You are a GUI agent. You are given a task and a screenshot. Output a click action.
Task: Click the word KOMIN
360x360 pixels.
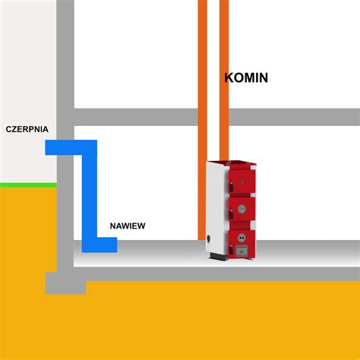(246, 77)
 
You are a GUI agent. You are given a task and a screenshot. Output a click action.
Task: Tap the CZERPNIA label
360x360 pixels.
(27, 129)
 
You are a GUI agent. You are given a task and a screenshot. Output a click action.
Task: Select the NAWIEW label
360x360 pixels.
(128, 226)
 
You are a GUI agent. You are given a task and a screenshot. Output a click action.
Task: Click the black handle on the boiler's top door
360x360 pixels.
(232, 186)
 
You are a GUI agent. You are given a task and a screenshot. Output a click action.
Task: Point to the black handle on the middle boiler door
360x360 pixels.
(232, 215)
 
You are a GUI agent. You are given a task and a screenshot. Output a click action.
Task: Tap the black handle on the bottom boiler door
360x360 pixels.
(232, 249)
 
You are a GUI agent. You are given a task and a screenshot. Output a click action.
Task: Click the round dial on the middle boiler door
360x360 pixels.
(242, 209)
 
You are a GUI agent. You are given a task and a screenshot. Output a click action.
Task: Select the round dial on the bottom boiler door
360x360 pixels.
(242, 238)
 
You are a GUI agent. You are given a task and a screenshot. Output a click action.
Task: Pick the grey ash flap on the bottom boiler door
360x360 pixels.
(242, 251)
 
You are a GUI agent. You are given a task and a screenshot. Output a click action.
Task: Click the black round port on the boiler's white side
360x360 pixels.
(209, 238)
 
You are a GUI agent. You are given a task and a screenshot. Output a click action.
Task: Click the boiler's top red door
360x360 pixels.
(242, 181)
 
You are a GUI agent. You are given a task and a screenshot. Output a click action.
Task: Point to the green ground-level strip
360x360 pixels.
(28, 185)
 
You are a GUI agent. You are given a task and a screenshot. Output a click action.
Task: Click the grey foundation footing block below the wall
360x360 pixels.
(65, 283)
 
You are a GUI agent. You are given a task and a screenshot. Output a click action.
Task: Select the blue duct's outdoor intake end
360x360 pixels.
(51, 147)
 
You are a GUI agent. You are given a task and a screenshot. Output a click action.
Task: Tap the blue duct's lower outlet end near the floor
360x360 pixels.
(112, 245)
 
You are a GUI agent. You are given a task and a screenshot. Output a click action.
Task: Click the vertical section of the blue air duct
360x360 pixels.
(90, 196)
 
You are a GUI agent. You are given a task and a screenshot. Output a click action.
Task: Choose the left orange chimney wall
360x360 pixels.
(202, 120)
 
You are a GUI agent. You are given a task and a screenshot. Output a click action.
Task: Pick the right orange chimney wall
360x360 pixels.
(224, 81)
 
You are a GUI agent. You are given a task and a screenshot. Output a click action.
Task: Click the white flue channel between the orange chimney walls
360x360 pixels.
(213, 81)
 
